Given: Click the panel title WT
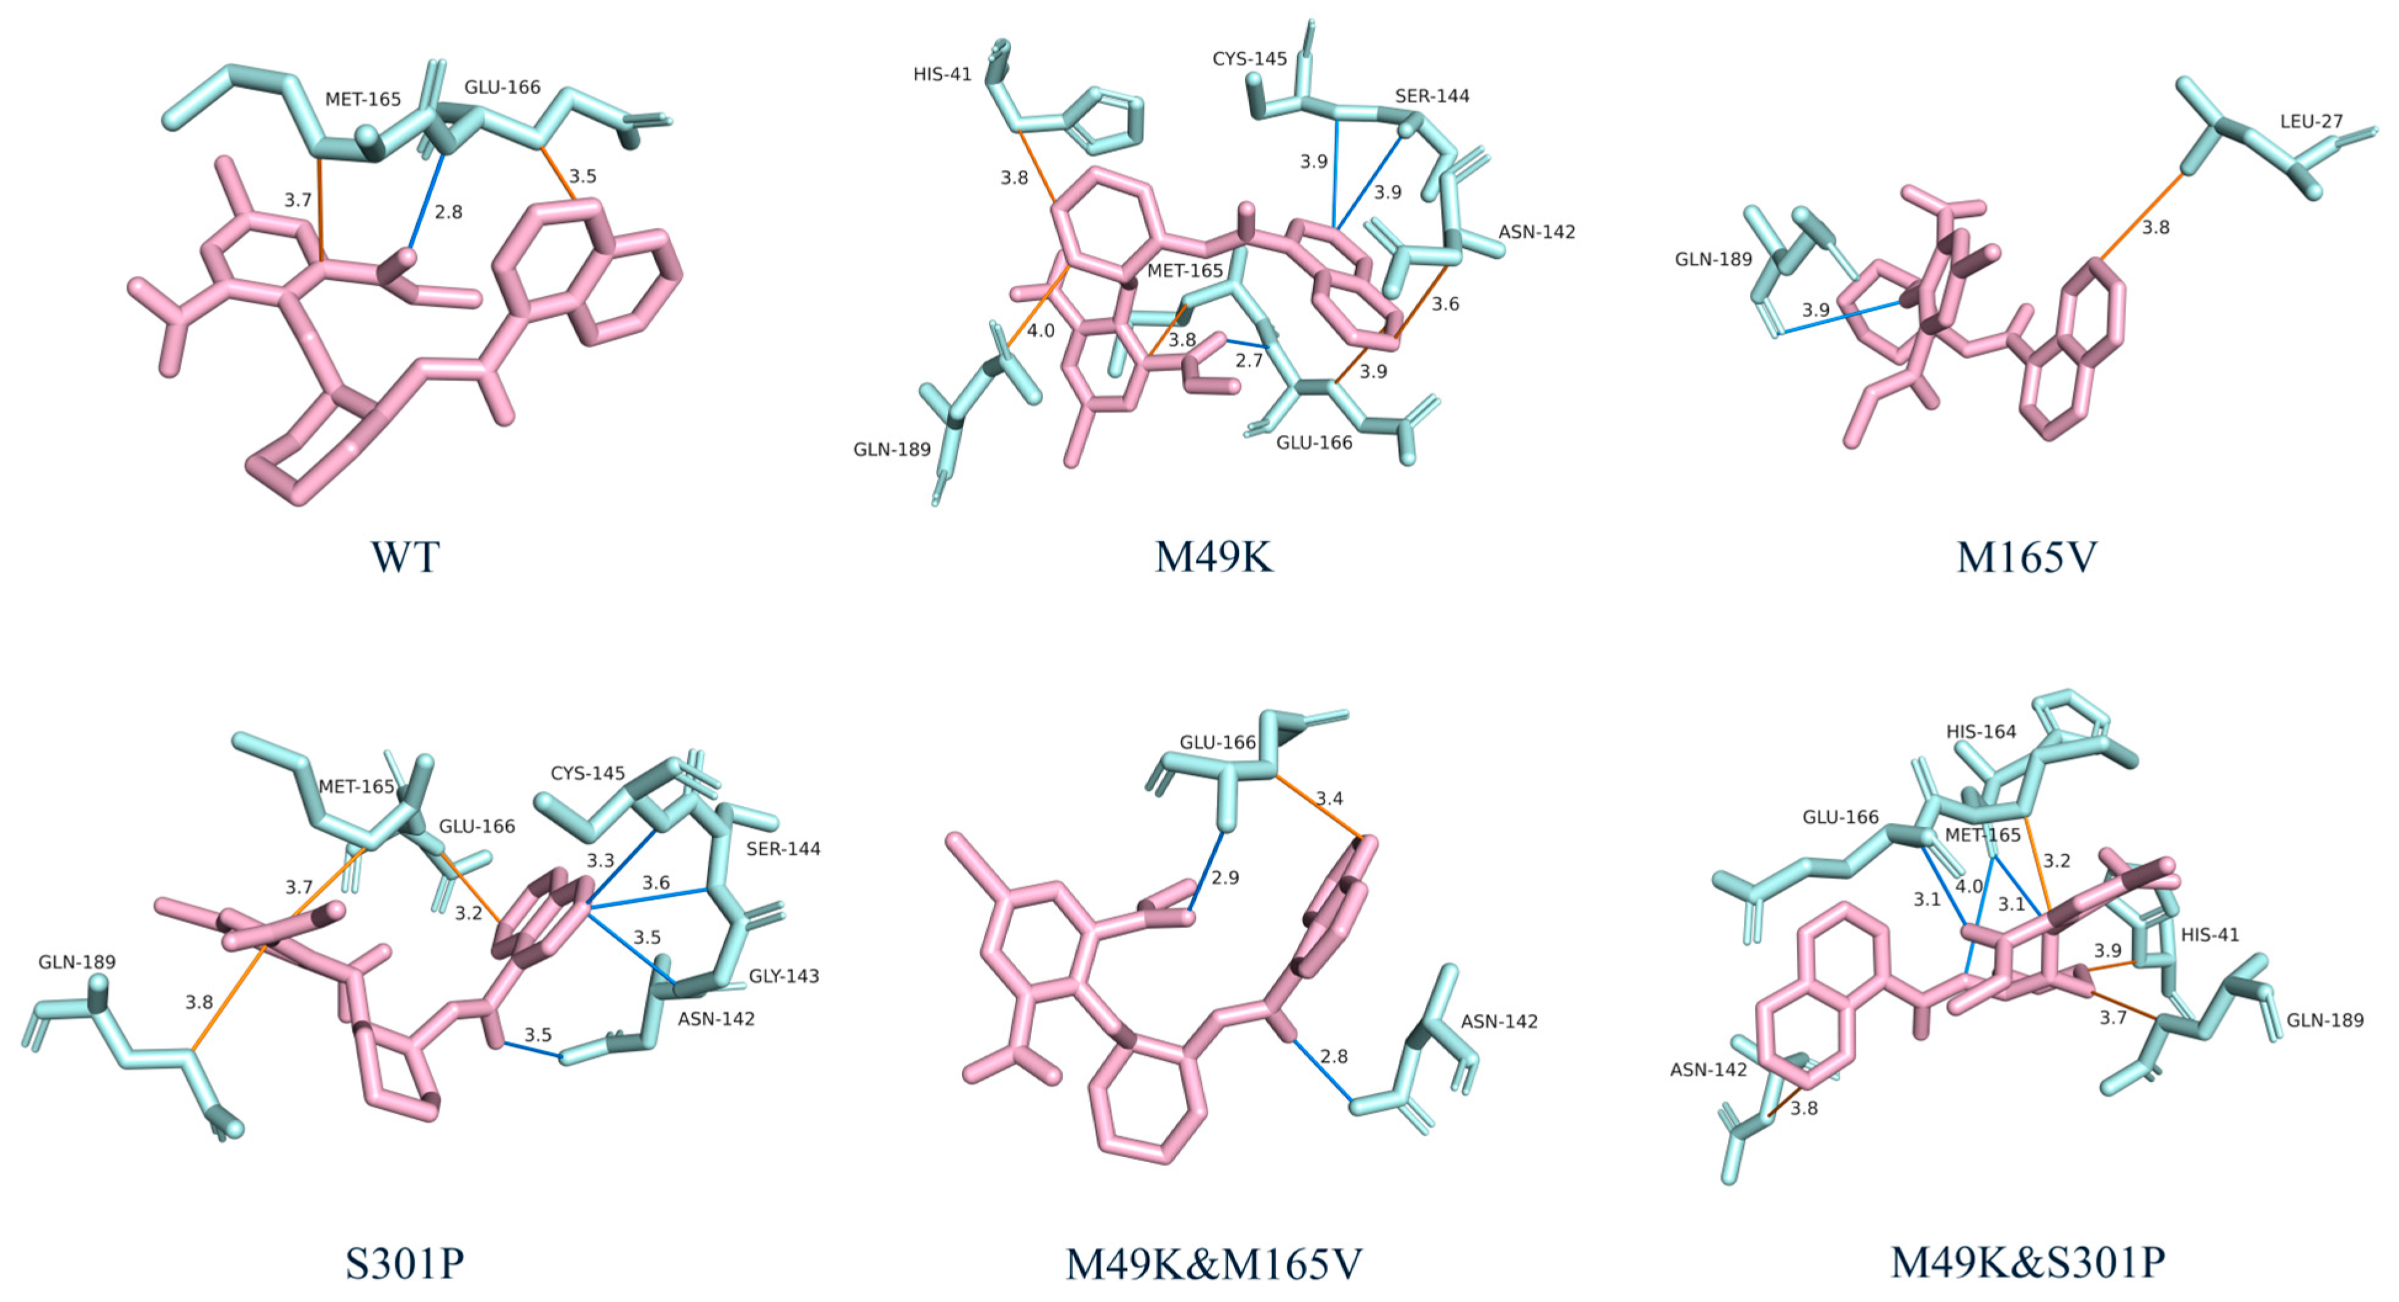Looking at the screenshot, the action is click(404, 557).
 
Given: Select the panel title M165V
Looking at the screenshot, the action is click(2026, 557).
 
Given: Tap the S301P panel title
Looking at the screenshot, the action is click(404, 1263).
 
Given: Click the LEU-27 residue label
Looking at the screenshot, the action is click(2312, 121).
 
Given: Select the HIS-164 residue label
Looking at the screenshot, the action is click(1981, 732).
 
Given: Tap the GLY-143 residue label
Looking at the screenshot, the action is click(784, 976).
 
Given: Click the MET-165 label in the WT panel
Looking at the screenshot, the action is click(363, 99).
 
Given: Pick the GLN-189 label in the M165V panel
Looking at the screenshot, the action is click(1714, 259).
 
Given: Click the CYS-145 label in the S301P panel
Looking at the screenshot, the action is click(587, 773).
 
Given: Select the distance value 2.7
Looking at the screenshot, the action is click(1249, 360).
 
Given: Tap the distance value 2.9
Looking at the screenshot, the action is click(1225, 877).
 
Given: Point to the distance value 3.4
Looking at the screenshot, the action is click(1329, 798).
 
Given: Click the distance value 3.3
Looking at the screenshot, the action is click(601, 860).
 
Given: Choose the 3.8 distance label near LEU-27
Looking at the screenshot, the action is click(2156, 227).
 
